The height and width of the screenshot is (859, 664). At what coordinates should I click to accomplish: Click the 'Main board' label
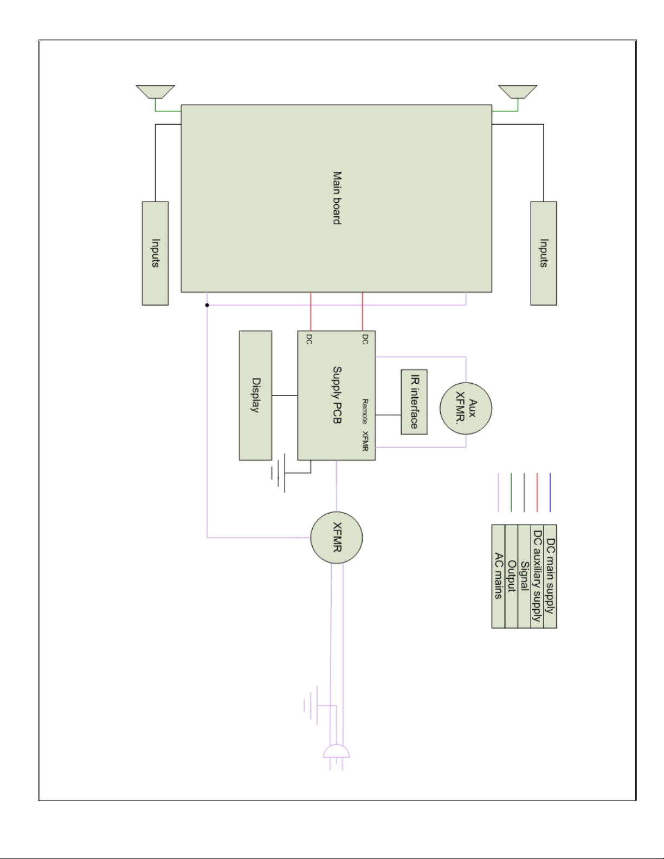tap(337, 198)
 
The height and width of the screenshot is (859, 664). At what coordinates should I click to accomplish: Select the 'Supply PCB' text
tap(337, 395)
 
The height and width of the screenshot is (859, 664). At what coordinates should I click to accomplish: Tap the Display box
tap(255, 395)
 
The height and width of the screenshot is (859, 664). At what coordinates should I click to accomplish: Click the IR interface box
tap(414, 402)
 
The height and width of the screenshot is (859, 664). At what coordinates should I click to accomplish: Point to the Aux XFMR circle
tap(466, 408)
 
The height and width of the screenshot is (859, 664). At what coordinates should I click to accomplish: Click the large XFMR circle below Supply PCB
tap(337, 538)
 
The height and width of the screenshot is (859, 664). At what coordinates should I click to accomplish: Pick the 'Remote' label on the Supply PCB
tap(365, 411)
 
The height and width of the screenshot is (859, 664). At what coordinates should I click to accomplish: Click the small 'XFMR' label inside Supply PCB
tap(365, 441)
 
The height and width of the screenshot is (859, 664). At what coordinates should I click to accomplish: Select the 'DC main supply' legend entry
tap(550, 576)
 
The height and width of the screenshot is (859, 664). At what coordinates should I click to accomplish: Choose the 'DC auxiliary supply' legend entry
tap(537, 576)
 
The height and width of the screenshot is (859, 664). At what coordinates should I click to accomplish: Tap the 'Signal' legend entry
tap(524, 576)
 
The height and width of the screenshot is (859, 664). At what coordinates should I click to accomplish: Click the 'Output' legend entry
tap(511, 576)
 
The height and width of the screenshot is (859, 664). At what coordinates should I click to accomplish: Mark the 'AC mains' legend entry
tap(498, 576)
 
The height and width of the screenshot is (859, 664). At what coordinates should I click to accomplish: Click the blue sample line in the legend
tap(550, 492)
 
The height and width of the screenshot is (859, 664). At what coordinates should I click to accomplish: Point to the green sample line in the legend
tap(511, 492)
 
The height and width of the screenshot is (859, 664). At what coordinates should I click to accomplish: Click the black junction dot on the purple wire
tap(207, 305)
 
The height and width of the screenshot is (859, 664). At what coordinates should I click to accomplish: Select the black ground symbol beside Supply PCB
tap(278, 473)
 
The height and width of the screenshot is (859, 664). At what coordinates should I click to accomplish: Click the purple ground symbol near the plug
tap(311, 706)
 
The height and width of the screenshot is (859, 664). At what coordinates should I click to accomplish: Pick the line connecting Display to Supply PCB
tap(285, 395)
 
